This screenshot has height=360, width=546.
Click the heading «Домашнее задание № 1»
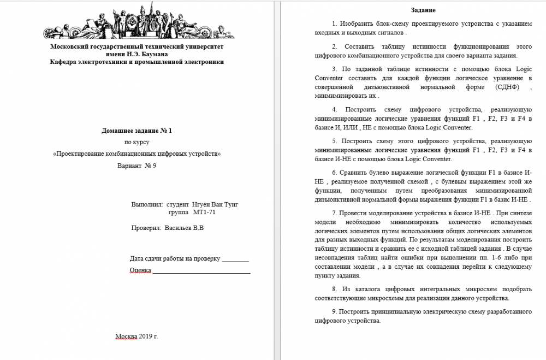(x=136, y=131)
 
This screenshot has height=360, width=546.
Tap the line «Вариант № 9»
(x=136, y=166)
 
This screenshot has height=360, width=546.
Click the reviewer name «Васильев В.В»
(x=184, y=228)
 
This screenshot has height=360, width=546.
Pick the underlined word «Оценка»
(x=140, y=270)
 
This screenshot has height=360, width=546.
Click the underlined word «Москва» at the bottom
(x=126, y=336)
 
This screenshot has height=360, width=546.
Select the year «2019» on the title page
(x=146, y=336)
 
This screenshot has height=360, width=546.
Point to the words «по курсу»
(x=136, y=143)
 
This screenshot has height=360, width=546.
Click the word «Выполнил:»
(x=147, y=204)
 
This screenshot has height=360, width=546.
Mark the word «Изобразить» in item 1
(x=356, y=25)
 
